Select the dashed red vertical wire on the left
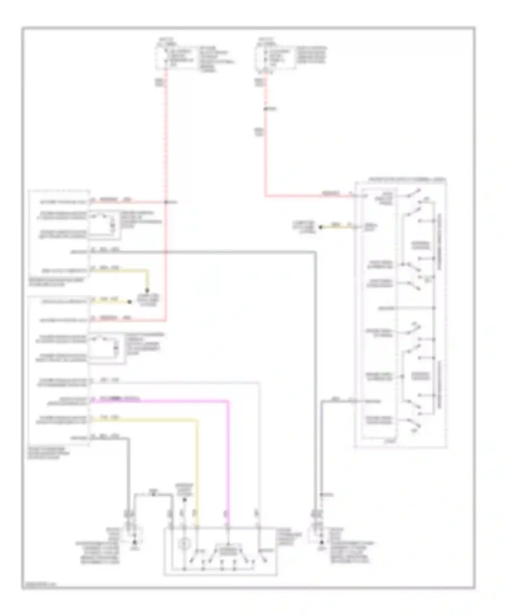click(x=166, y=142)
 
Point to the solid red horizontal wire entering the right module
click(x=304, y=195)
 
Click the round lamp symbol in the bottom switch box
click(x=184, y=543)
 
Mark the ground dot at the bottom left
click(x=135, y=542)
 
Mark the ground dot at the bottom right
click(x=321, y=542)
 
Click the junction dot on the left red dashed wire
click(x=166, y=202)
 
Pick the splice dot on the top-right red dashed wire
click(x=265, y=109)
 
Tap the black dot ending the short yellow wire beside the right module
click(x=320, y=227)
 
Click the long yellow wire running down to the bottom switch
click(x=197, y=472)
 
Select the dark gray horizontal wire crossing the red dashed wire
click(x=236, y=251)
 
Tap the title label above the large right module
click(x=406, y=180)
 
